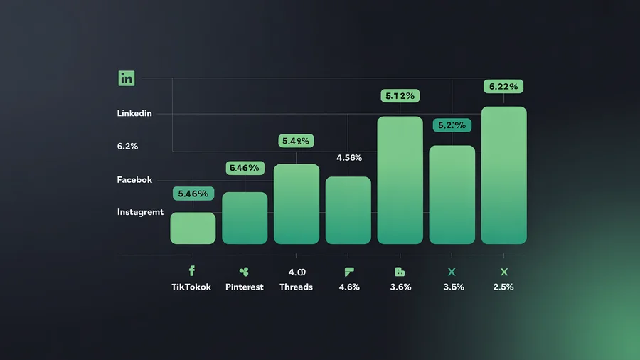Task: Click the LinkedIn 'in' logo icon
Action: tap(127, 79)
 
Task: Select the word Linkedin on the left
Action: tap(134, 114)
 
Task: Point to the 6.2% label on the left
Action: tap(127, 146)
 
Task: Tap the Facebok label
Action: tap(134, 180)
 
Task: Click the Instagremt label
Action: tap(140, 212)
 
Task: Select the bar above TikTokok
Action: tap(193, 228)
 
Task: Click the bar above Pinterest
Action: tap(245, 218)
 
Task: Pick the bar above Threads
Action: tap(297, 203)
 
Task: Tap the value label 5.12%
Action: tap(400, 95)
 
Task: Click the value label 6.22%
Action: tap(504, 87)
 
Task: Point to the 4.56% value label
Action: tap(348, 158)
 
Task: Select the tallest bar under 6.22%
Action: tap(504, 175)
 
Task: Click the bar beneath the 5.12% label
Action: tap(400, 180)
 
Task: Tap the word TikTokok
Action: tap(191, 287)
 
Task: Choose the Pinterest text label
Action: tap(244, 287)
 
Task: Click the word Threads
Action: tap(296, 287)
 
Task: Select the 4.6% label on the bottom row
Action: tap(348, 287)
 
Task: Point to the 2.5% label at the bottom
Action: tap(503, 287)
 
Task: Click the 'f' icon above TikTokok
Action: tap(191, 271)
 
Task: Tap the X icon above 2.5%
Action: tap(503, 272)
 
